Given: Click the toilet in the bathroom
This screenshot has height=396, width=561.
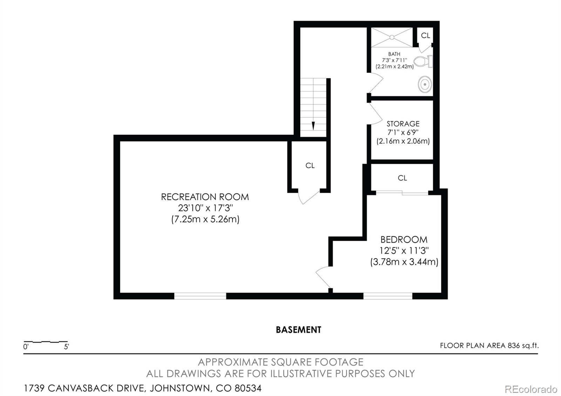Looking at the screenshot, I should pyautogui.click(x=423, y=62).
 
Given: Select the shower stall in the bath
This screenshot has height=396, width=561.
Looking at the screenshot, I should pyautogui.click(x=392, y=37).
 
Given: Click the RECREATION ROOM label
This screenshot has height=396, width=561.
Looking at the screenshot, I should pyautogui.click(x=205, y=197).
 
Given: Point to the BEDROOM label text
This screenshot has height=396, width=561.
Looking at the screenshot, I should pyautogui.click(x=404, y=240).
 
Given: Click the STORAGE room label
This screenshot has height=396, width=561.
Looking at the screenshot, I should pyautogui.click(x=403, y=124).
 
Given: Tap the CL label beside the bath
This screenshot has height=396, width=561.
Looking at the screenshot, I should pyautogui.click(x=425, y=35).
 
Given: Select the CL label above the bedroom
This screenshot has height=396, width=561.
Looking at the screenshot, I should pyautogui.click(x=402, y=178).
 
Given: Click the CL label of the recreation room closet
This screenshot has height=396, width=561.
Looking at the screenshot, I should pyautogui.click(x=310, y=165).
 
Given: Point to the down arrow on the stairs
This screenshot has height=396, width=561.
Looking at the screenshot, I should pyautogui.click(x=313, y=126).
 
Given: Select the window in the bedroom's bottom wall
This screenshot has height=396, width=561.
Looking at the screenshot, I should pyautogui.click(x=387, y=296).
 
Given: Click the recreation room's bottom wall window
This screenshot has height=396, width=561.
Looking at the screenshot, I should pyautogui.click(x=200, y=296).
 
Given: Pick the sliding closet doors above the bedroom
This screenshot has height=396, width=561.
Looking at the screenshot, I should pyautogui.click(x=402, y=192).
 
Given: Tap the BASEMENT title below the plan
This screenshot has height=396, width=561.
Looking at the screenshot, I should pyautogui.click(x=298, y=330).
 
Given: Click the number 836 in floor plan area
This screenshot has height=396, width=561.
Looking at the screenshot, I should pyautogui.click(x=513, y=346).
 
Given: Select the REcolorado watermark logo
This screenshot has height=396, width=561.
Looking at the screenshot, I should pyautogui.click(x=530, y=389).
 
